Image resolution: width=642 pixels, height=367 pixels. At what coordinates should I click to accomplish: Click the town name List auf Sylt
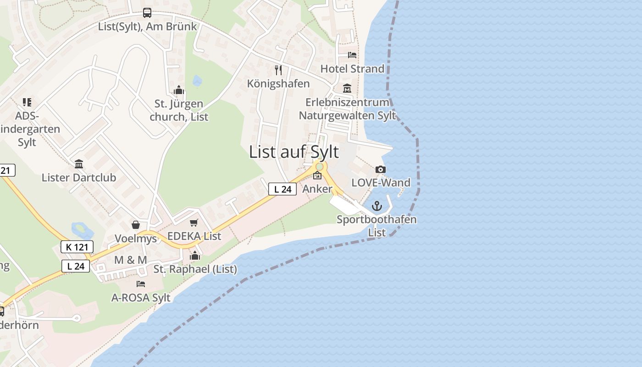pos(294,152)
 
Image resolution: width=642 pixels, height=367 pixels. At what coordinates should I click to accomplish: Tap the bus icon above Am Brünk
pos(147,13)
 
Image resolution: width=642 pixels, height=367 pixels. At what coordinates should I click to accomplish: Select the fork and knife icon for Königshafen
pos(278,70)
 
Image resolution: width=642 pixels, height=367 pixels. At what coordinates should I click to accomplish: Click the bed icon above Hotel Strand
pos(352,55)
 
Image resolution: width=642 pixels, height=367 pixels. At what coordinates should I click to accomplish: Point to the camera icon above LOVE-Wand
pos(380,170)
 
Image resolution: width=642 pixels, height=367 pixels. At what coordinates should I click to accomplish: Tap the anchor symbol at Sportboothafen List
pos(376,206)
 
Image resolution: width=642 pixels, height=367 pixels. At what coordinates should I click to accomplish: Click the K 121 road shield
pos(77,247)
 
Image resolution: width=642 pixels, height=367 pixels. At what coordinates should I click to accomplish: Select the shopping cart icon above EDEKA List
pos(194,223)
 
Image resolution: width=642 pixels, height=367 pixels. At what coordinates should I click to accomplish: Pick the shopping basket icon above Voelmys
pos(136,225)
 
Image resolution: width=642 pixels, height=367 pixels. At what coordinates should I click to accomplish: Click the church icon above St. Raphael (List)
pos(195,256)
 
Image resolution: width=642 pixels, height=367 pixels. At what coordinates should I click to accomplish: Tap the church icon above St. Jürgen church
pos(179,90)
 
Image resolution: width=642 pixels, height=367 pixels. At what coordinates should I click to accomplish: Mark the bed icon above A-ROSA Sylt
pos(141,284)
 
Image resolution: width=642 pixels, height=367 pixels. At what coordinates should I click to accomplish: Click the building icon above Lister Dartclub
pos(78,164)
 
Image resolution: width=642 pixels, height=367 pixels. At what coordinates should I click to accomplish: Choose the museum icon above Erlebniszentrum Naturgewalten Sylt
pos(347,89)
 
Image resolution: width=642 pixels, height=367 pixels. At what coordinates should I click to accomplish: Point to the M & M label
pos(130,260)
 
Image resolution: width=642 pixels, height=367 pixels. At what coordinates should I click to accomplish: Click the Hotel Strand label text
pos(352,69)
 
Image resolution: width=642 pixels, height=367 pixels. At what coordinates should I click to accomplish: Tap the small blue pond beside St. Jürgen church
pos(197,81)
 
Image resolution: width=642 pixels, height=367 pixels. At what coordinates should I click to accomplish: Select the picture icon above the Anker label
pos(317,175)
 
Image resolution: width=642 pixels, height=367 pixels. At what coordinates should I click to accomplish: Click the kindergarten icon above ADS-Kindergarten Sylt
pos(27,102)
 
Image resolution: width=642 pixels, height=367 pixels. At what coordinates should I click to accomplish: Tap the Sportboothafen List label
pos(376,226)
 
